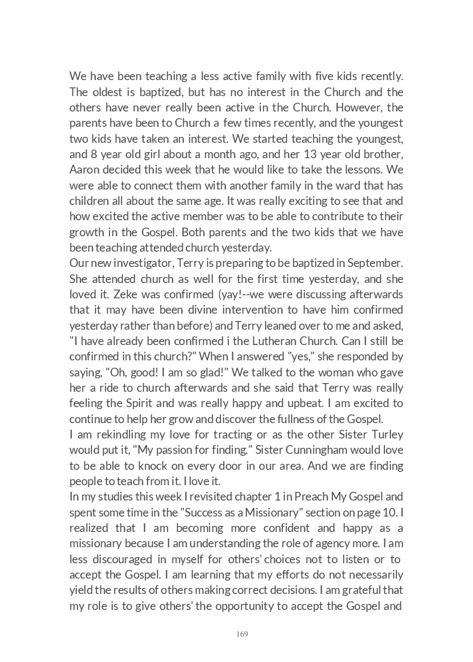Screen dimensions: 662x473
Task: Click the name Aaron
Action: [83, 170]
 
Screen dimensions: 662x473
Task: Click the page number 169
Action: [242, 634]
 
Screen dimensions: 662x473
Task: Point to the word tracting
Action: [247, 434]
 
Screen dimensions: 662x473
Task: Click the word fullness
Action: [290, 418]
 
